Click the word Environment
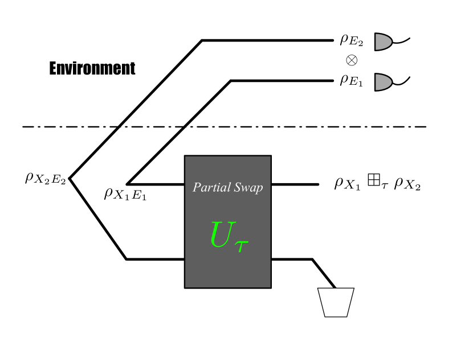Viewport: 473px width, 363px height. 92,69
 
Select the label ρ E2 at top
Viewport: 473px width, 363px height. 352,40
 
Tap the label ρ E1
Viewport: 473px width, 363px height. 351,80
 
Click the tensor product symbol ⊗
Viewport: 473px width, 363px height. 351,60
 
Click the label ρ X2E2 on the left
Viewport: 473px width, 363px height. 45,178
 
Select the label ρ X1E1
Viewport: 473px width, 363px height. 125,195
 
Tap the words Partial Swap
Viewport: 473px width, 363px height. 227,188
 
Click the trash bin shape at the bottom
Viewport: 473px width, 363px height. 336,302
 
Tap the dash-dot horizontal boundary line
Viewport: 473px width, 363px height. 285,126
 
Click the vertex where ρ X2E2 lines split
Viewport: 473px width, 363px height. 70,178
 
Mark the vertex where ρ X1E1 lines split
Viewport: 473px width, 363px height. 127,184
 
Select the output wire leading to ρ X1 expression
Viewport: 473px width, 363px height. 294,184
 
